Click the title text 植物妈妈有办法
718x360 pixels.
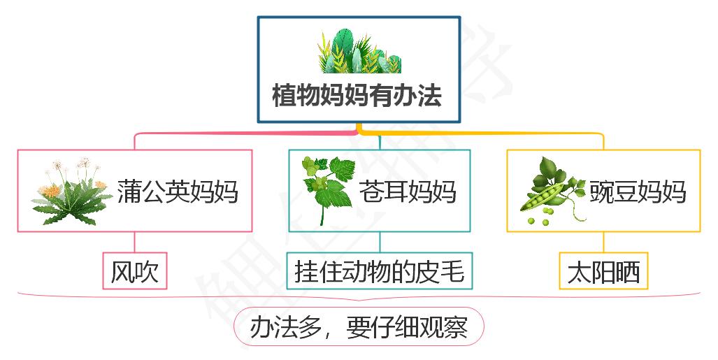357,96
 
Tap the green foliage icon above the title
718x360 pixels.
359,51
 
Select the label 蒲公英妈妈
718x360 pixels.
177,191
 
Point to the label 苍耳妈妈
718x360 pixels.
408,191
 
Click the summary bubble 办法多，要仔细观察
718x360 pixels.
358,326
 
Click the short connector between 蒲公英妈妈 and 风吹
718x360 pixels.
135,242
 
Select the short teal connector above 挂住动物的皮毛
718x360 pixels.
380,242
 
